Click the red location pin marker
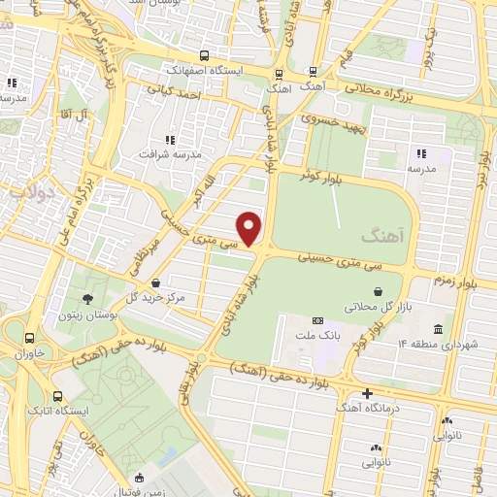pyautogui.click(x=250, y=229)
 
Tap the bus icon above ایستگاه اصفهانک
pyautogui.click(x=203, y=55)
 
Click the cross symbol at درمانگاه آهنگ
pyautogui.click(x=367, y=393)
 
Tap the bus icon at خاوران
pyautogui.click(x=31, y=339)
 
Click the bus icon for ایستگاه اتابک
pyautogui.click(x=58, y=396)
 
